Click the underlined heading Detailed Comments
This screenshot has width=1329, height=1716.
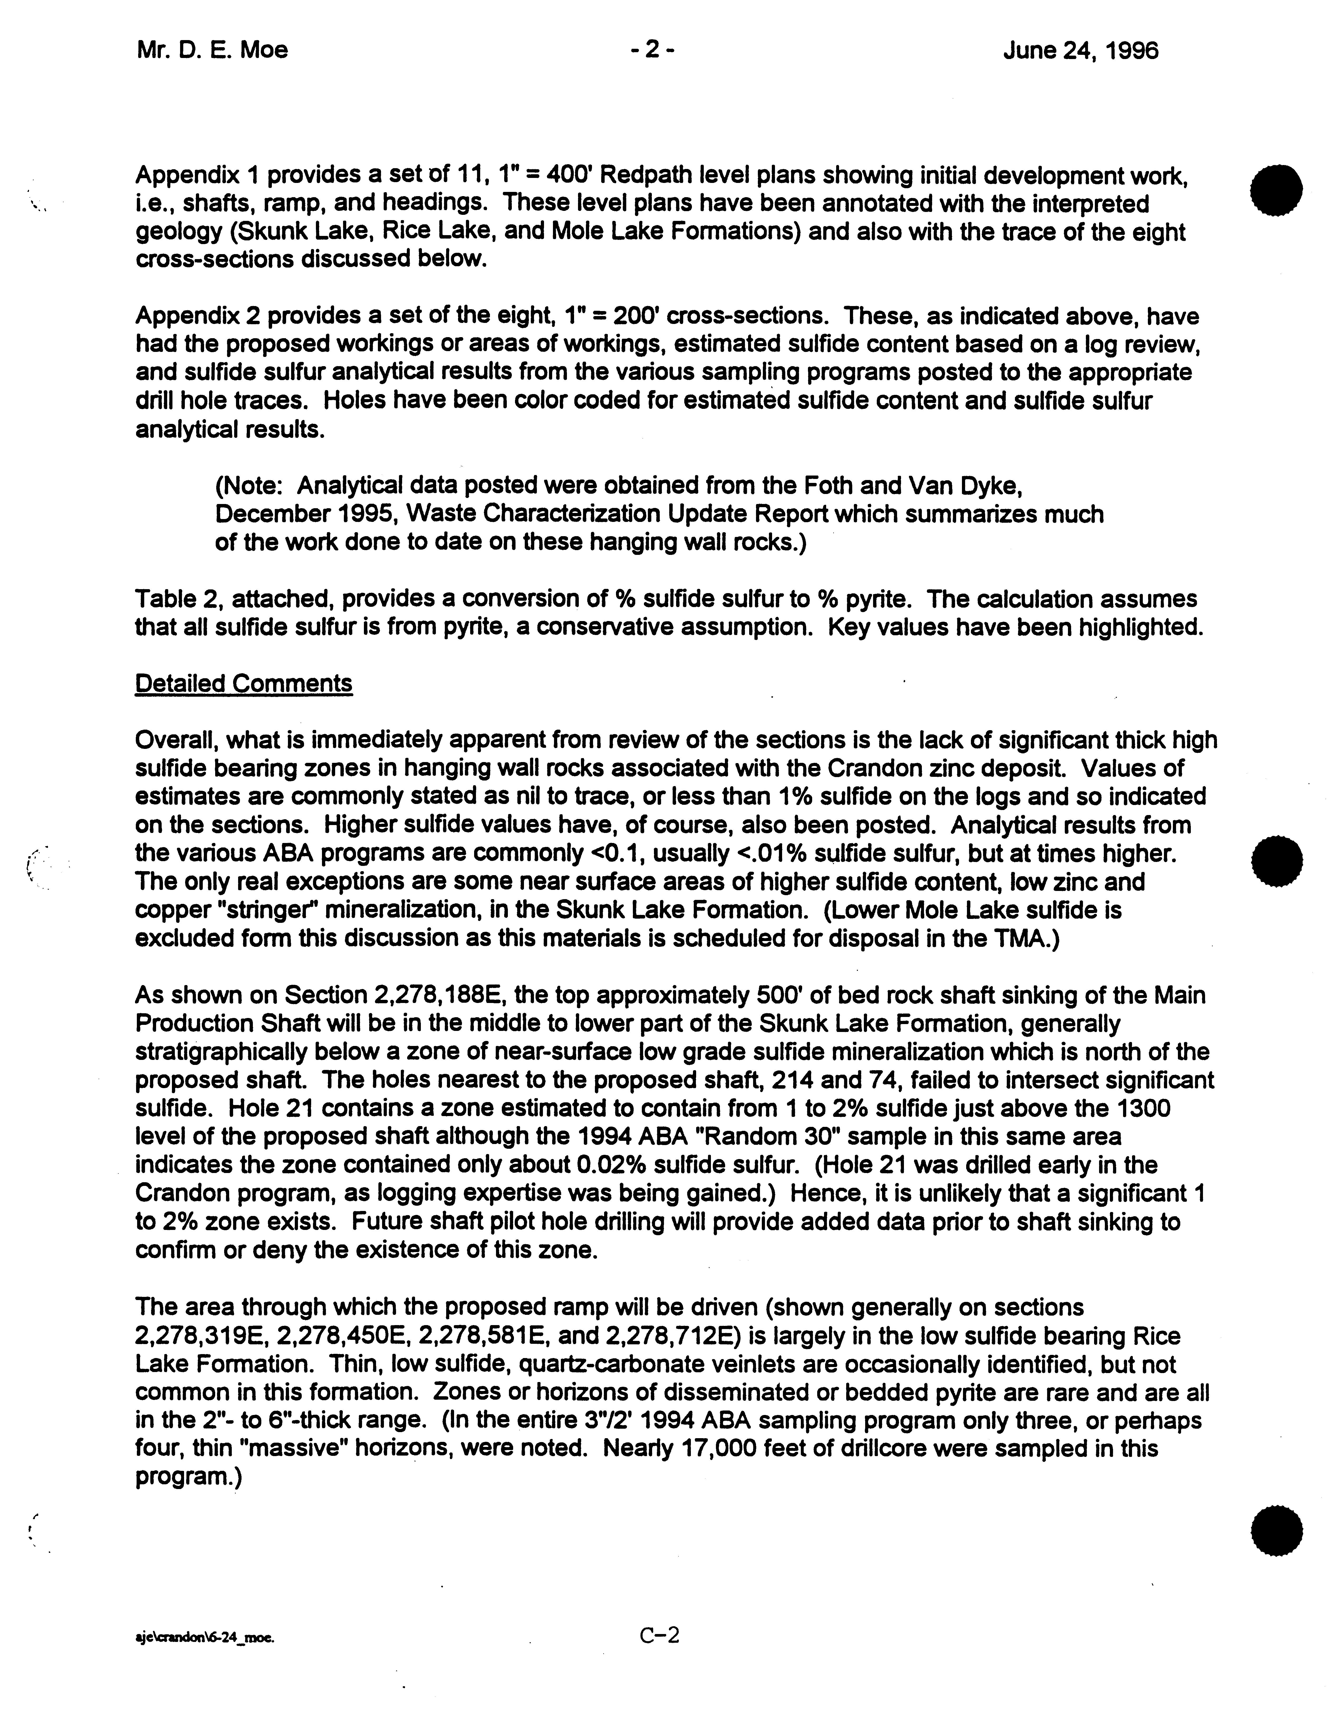[244, 684]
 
